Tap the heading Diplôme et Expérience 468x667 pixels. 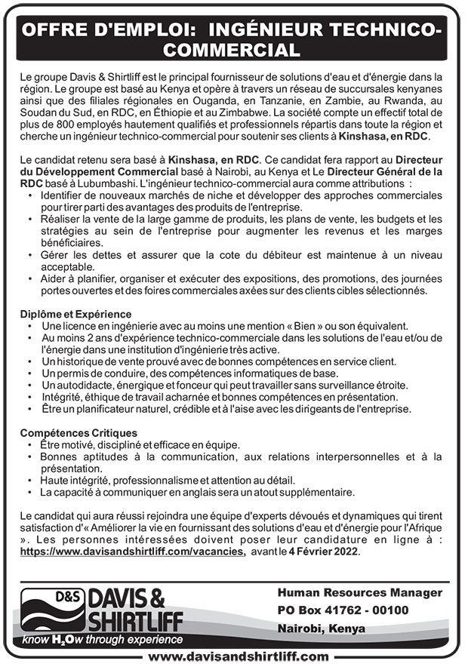click(x=75, y=313)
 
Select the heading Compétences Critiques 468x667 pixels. click(x=79, y=433)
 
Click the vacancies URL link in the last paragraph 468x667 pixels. click(x=132, y=551)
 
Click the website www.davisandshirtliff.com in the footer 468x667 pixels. click(x=238, y=656)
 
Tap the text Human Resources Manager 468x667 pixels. click(x=359, y=592)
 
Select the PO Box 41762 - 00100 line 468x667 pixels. click(x=343, y=610)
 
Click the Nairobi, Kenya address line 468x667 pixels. click(x=321, y=628)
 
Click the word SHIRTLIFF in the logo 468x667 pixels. click(x=122, y=622)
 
